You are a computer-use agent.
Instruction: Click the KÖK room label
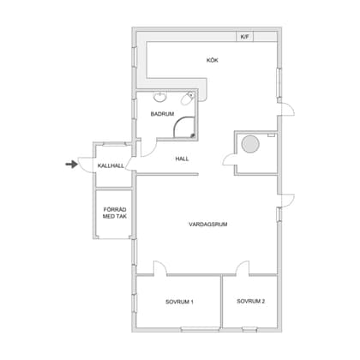213,60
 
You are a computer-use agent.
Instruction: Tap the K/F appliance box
245,37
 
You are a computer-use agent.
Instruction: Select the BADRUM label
162,114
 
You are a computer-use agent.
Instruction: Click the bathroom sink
160,98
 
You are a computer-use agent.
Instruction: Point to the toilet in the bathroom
188,99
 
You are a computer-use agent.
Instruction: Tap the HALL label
182,159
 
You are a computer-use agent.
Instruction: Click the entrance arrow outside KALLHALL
72,164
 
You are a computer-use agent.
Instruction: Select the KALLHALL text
111,165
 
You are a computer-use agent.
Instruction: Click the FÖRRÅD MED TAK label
115,213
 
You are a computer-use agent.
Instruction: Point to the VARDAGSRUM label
208,225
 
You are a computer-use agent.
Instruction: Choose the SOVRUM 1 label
179,302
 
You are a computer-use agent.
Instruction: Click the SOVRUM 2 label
251,301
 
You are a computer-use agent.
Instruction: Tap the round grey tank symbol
250,144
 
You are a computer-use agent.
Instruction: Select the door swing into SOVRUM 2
243,268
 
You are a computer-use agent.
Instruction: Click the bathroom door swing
148,148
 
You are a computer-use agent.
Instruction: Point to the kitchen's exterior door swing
287,110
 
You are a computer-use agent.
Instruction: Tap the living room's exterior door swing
287,201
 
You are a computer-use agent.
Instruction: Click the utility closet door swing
229,159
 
